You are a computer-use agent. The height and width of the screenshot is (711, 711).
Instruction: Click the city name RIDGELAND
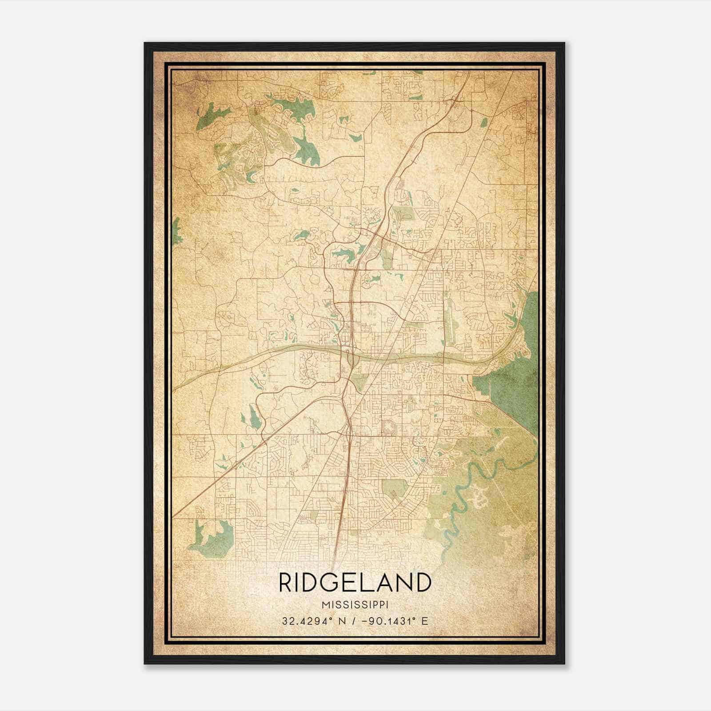[355, 583]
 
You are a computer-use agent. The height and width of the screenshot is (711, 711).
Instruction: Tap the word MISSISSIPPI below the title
[355, 605]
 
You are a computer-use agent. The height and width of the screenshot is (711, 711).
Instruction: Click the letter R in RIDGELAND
[284, 583]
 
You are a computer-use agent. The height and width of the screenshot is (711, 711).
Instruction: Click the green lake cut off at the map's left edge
[176, 231]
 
